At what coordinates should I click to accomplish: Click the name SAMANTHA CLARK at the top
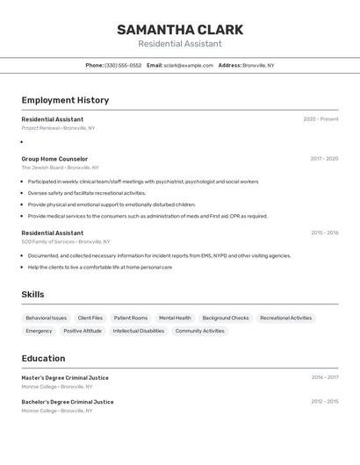[x=179, y=30]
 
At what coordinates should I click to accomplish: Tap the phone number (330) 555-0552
[x=123, y=66]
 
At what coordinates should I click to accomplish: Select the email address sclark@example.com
[x=189, y=66]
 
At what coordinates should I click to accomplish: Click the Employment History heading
[x=65, y=100]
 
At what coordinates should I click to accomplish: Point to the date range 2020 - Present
[x=320, y=119]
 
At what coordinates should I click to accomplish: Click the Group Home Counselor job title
[x=54, y=159]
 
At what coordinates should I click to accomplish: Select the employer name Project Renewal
[x=41, y=128]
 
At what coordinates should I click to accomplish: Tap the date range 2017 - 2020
[x=324, y=159]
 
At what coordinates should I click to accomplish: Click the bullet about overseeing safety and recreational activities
[x=87, y=193]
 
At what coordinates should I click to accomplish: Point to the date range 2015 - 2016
[x=324, y=233]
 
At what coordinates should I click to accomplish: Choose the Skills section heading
[x=32, y=295]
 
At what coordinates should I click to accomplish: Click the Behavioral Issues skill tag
[x=47, y=318]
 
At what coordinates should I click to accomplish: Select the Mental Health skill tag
[x=175, y=318]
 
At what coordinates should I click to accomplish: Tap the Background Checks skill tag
[x=226, y=318]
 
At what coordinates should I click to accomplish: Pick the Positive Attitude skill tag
[x=83, y=331]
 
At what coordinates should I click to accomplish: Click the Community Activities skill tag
[x=200, y=331]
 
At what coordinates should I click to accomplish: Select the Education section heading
[x=43, y=358]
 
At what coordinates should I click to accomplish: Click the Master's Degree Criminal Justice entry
[x=65, y=378]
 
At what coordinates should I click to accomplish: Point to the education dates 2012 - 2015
[x=324, y=402]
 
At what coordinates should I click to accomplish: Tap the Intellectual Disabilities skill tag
[x=139, y=331]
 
